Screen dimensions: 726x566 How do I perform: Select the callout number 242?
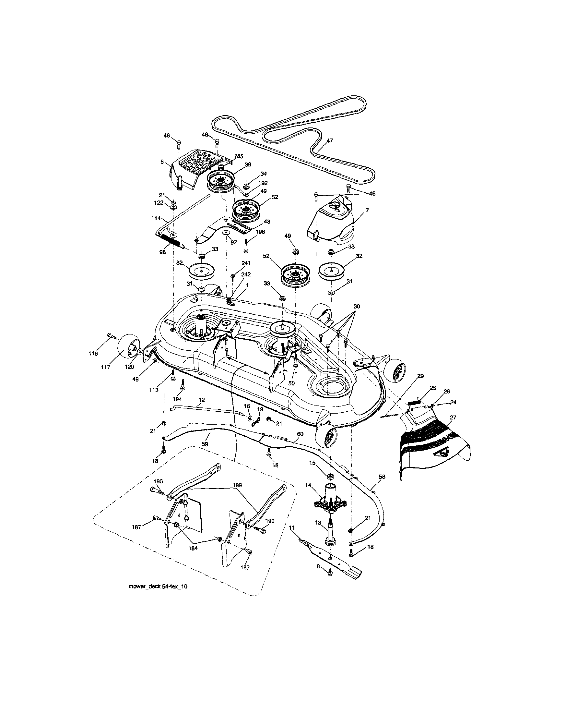pos(246,274)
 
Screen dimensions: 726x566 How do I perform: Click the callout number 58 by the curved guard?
pos(382,477)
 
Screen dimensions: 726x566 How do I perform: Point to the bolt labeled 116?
pos(111,336)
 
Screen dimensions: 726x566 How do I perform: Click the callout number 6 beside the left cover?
pos(162,162)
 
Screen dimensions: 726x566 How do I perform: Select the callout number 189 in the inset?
pos(237,485)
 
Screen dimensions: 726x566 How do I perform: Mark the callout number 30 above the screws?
pos(356,306)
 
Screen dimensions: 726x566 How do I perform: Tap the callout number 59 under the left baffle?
pos(205,444)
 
